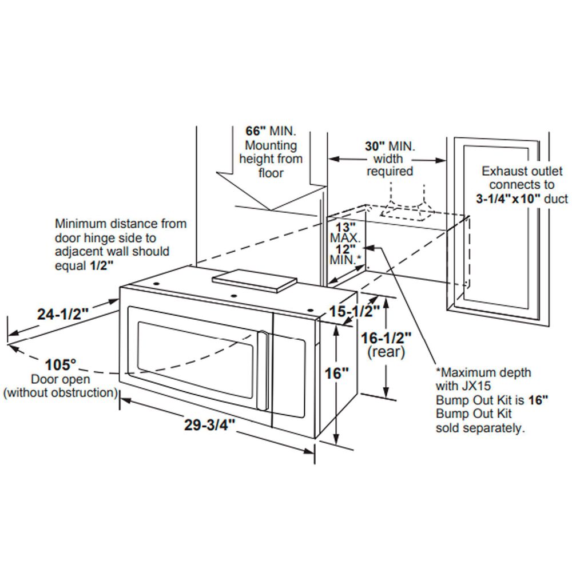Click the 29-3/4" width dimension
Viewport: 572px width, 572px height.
pyautogui.click(x=210, y=425)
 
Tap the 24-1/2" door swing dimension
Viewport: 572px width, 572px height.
pyautogui.click(x=63, y=314)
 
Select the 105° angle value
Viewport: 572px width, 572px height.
pyautogui.click(x=61, y=364)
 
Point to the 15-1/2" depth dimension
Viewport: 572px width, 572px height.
pyautogui.click(x=355, y=312)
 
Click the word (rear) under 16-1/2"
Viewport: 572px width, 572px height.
pyautogui.click(x=386, y=352)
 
